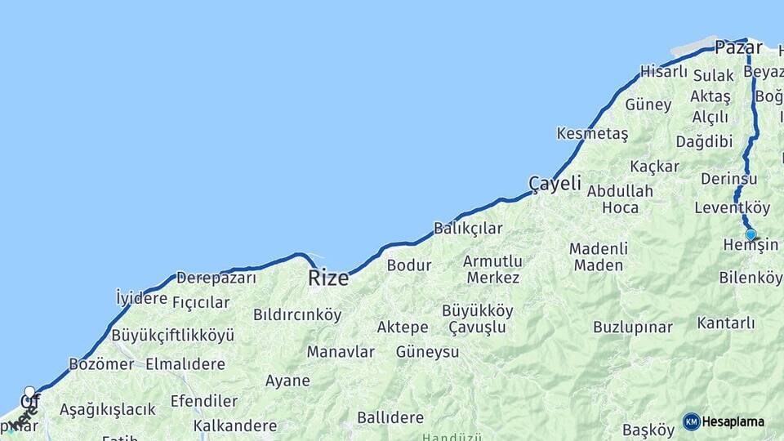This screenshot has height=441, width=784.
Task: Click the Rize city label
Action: coord(328,278)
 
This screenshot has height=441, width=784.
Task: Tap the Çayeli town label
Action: coord(555,183)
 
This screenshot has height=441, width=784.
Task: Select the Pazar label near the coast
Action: coord(738,47)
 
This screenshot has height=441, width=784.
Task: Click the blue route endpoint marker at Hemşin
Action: coord(751,234)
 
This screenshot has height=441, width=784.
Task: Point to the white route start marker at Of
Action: coord(30,391)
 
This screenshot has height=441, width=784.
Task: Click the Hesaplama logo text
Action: coord(733,422)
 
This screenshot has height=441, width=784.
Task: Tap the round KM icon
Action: coord(691,422)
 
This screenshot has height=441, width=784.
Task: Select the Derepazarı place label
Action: coord(216,278)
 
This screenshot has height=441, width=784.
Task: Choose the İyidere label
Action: coord(141,297)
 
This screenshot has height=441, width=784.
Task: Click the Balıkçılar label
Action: coord(468,229)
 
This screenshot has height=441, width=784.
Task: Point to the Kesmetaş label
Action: coord(592,133)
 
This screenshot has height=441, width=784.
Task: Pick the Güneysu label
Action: coord(427,352)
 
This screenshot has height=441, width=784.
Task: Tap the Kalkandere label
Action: coord(235,425)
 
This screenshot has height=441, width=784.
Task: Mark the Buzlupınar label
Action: coord(633,327)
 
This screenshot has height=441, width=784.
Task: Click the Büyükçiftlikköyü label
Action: coord(172,335)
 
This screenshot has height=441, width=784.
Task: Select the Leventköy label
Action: coord(733,207)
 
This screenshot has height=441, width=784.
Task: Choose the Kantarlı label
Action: coord(726,323)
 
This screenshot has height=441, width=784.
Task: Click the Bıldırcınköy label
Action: coord(297,314)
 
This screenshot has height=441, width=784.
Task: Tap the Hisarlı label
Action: coord(663,71)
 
